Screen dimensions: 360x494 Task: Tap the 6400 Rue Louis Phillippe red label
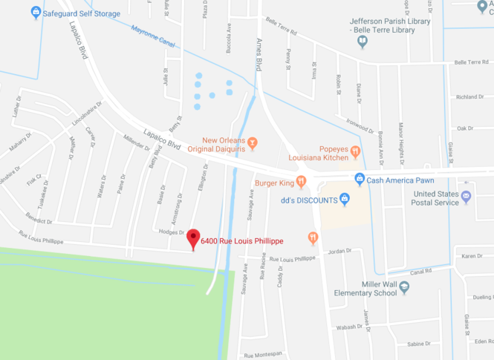[x=241, y=240]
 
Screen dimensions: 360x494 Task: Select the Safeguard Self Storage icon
[x=36, y=13]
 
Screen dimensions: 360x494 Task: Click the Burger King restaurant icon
[x=301, y=181]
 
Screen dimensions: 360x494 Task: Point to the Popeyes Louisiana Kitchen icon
[x=356, y=152]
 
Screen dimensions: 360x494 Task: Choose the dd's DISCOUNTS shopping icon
[x=344, y=199]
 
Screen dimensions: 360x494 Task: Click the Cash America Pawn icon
[x=360, y=179]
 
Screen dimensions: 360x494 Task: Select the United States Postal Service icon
[x=466, y=197]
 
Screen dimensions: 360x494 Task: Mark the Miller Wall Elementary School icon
[x=404, y=287]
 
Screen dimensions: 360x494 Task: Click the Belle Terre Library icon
[x=363, y=42]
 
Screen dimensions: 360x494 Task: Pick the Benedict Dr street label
[x=39, y=221]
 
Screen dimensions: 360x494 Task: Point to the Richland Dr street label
[x=470, y=97]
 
